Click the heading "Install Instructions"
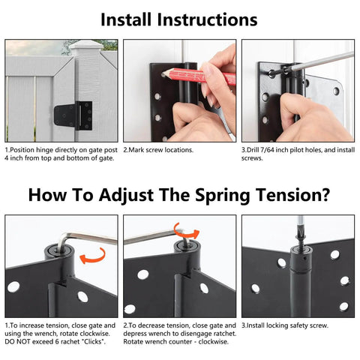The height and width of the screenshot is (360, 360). click(x=179, y=19)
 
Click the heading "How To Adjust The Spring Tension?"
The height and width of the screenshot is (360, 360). click(x=179, y=195)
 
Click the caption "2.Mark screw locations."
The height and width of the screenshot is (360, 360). click(x=158, y=150)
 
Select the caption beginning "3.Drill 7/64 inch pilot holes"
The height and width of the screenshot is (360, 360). click(x=296, y=154)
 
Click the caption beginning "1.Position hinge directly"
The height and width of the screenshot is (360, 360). click(x=60, y=154)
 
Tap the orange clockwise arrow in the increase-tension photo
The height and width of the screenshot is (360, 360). click(x=91, y=256)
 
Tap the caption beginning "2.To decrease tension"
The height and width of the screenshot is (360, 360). click(x=178, y=333)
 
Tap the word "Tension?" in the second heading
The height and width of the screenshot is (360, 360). click(x=292, y=195)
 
